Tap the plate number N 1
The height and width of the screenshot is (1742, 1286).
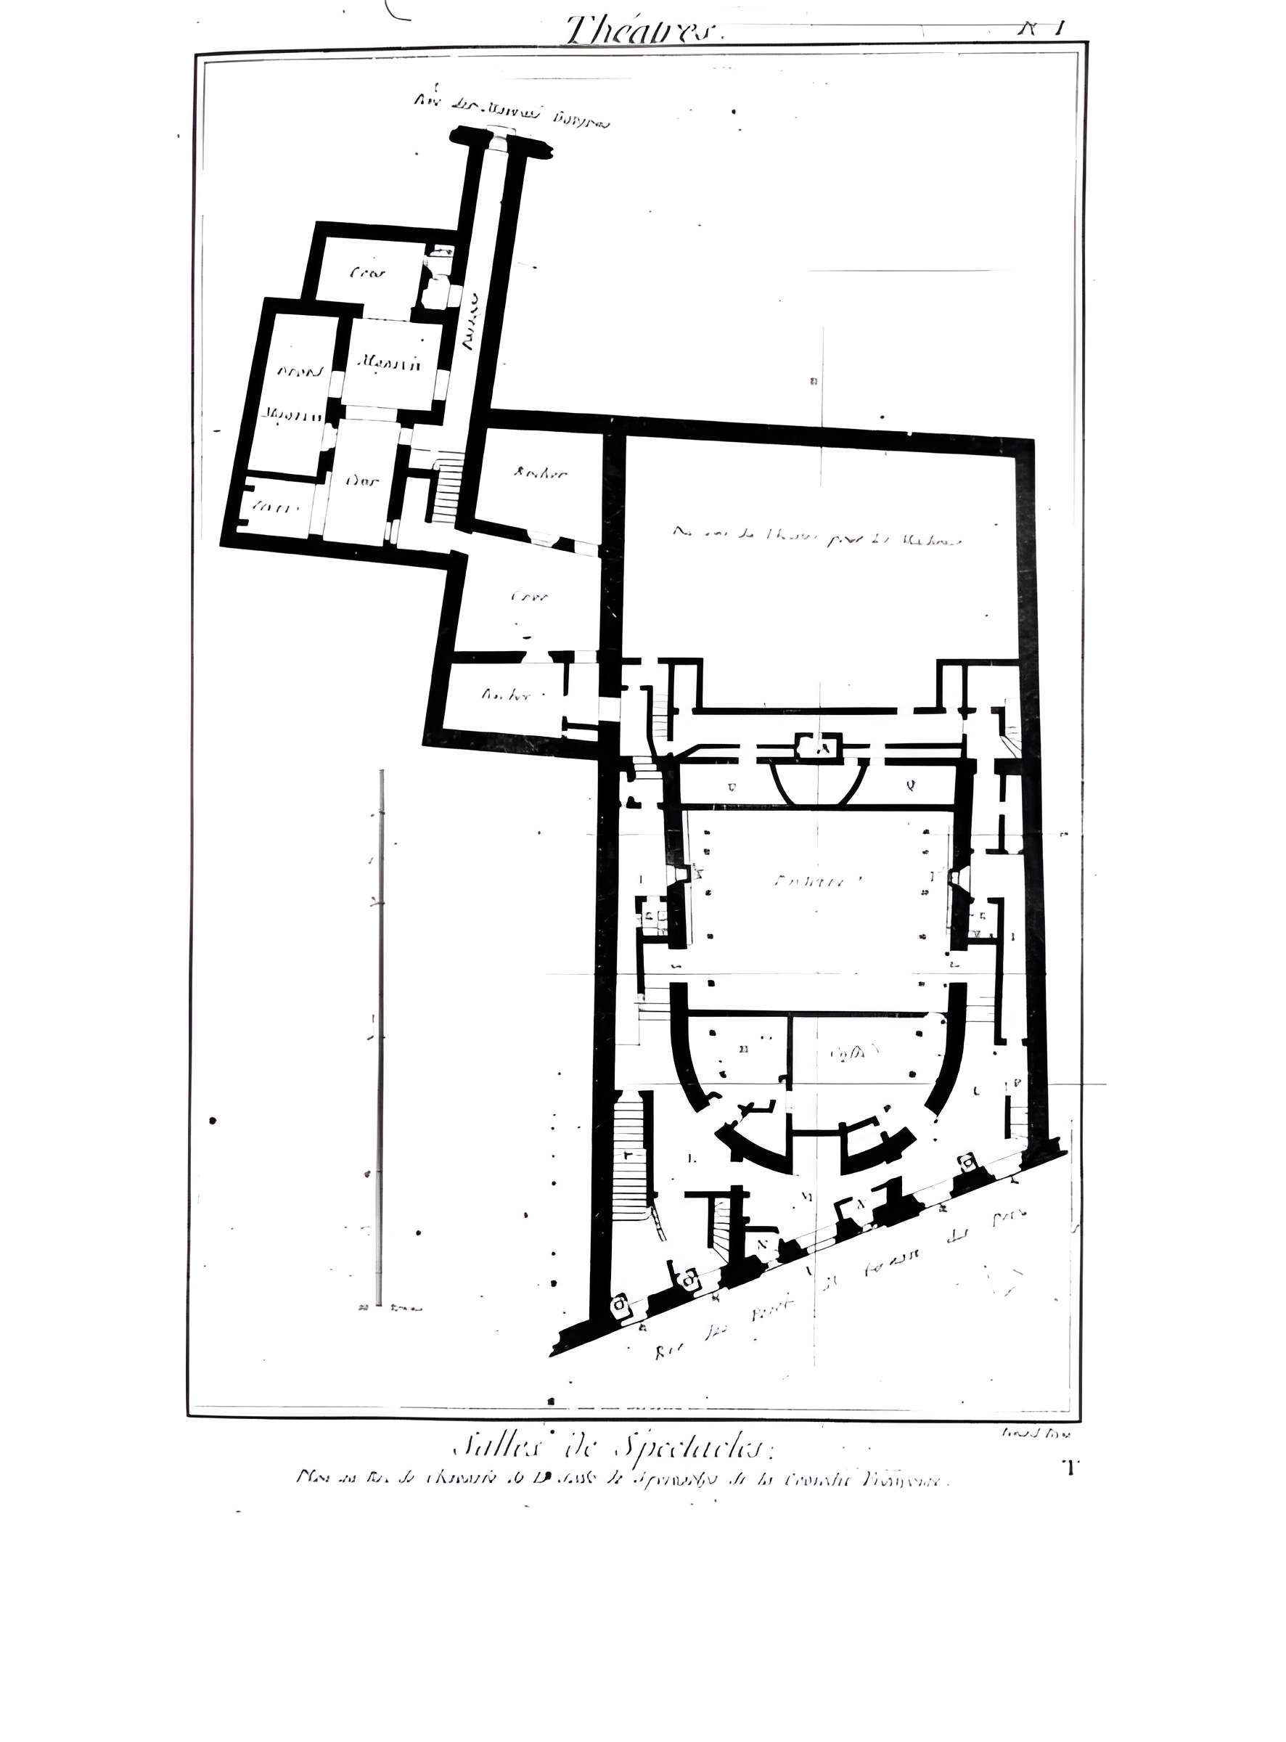click(1041, 29)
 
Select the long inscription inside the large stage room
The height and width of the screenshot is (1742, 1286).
click(817, 536)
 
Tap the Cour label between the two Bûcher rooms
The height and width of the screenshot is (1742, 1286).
click(530, 597)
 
